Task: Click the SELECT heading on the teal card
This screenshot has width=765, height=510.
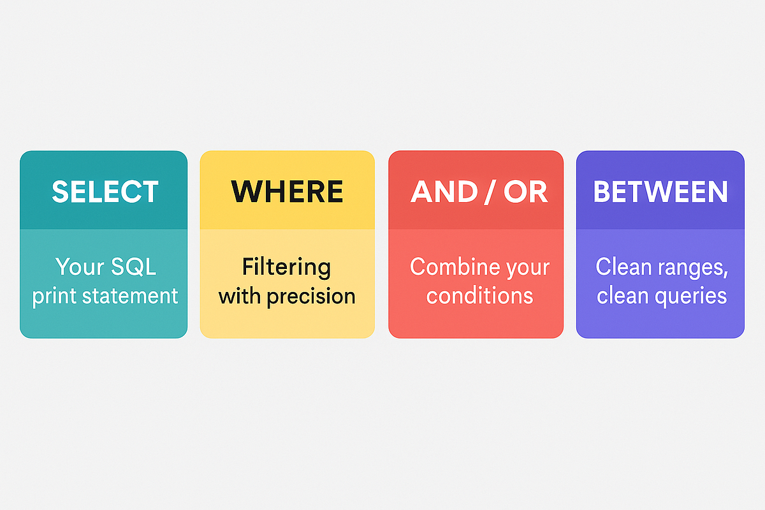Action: tap(105, 192)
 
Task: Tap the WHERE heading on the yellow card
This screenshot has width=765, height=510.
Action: tap(287, 192)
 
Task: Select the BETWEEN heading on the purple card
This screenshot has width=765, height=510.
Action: tap(660, 192)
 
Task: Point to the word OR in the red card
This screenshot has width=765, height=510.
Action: tap(525, 192)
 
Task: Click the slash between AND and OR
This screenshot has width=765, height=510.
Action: tap(488, 192)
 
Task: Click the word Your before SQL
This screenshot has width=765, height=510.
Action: tap(79, 266)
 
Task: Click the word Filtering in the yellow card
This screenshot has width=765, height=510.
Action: tap(287, 266)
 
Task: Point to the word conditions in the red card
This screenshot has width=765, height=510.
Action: tap(479, 296)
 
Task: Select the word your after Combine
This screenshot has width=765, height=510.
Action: tap(525, 267)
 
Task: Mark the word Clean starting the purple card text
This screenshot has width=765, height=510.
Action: tap(623, 266)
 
